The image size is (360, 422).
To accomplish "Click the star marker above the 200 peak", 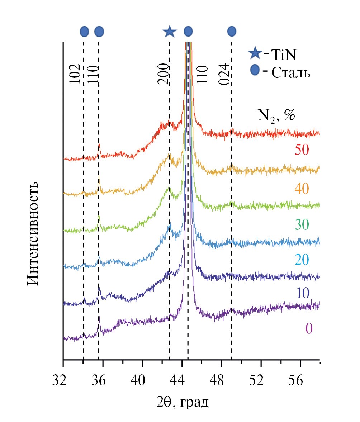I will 169,32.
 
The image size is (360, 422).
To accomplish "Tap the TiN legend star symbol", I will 255,54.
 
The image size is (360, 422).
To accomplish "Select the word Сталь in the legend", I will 291,73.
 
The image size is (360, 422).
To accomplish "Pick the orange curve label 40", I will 302,188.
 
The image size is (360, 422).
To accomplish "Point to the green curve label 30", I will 302,225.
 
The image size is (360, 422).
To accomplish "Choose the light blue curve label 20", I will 302,259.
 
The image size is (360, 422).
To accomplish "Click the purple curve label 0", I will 309,329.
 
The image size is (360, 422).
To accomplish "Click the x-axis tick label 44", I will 182,379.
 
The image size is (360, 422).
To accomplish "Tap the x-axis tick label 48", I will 221,379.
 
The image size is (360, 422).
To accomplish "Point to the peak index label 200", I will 163,75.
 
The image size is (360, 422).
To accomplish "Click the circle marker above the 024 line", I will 232,32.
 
